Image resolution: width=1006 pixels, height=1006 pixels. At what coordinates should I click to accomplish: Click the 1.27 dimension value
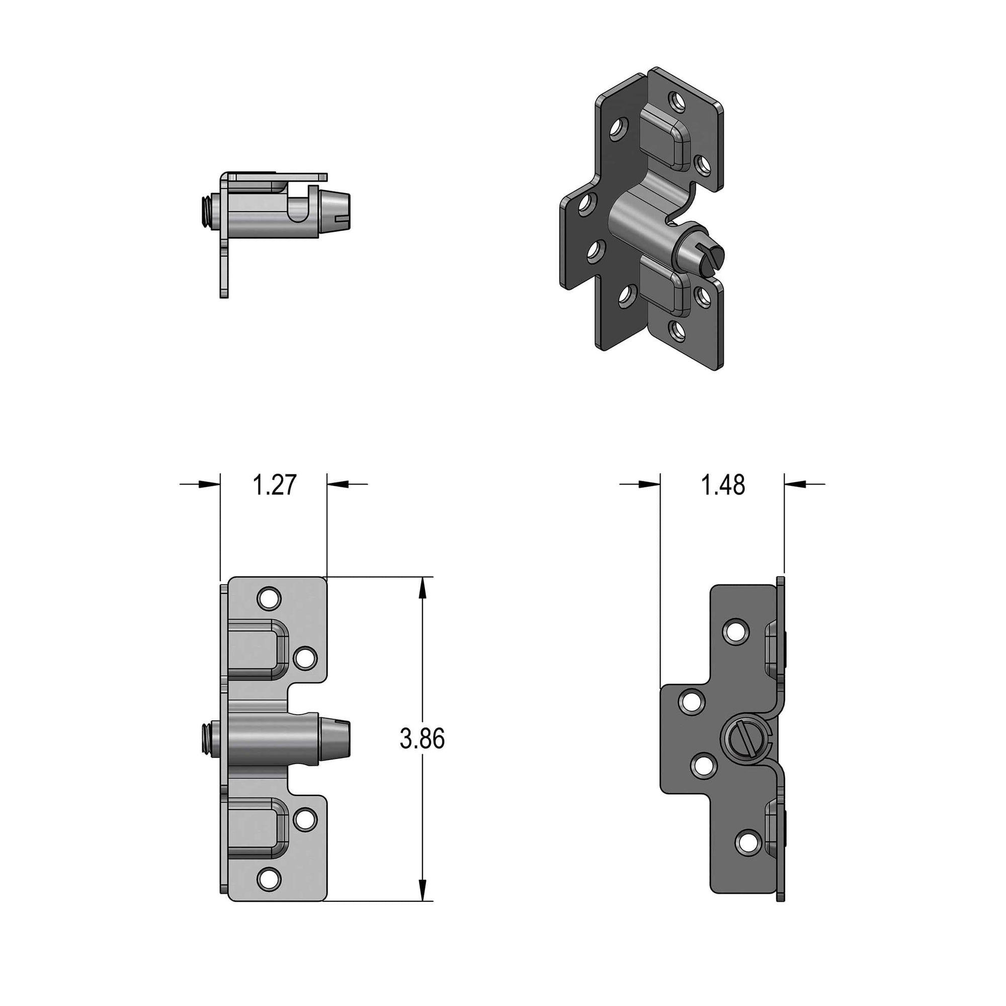tap(275, 485)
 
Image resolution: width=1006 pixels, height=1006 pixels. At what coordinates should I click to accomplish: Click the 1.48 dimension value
tap(723, 485)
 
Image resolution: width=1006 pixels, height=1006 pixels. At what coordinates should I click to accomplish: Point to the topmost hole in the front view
tap(269, 599)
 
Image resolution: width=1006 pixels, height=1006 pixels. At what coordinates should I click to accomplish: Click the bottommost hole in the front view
tap(269, 879)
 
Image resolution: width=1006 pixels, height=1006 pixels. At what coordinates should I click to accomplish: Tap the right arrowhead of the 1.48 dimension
tap(795, 484)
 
